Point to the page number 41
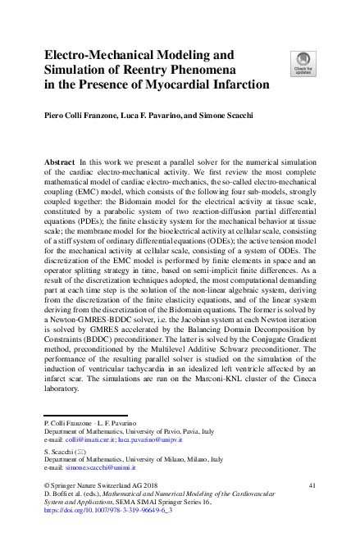click(x=312, y=486)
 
